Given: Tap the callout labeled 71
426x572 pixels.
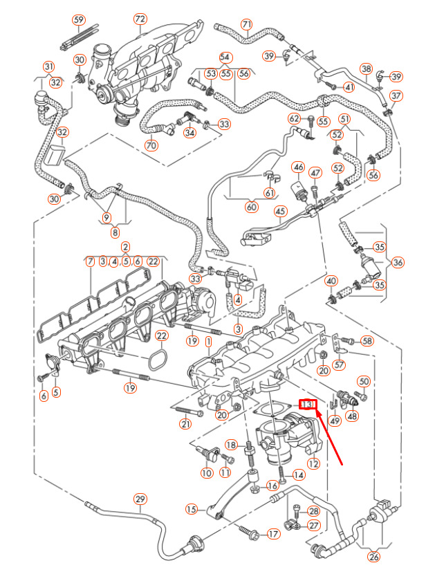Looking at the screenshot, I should pos(247,24).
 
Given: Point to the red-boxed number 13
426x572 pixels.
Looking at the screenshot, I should pos(307,404).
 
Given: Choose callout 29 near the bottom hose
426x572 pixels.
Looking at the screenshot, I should pos(140,499).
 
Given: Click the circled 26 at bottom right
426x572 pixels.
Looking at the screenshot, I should pos(374,557).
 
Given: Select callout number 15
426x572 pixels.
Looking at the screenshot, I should pos(192,509).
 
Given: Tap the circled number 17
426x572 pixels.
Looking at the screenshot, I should pos(273,534).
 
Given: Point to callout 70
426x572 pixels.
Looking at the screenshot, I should pos(151,145).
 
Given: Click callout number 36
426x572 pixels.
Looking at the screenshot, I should pos(398,262).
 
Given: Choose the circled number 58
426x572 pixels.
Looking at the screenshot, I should pos(367,340).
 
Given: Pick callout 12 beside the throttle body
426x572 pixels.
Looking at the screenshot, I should pos(313,464).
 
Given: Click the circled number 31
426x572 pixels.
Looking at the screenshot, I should pos(48,66).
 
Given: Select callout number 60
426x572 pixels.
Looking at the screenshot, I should pos(251,207).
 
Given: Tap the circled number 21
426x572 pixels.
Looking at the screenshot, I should pos(185,424).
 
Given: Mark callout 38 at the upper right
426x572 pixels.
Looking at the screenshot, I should pos(367,68).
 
